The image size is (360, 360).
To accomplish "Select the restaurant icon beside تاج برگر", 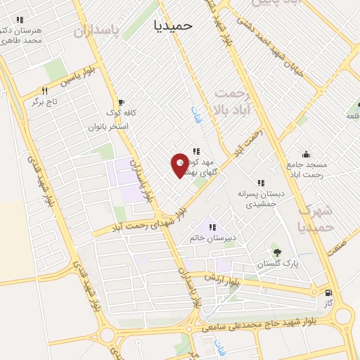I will tap(44, 91).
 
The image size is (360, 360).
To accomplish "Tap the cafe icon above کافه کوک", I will tap(122, 102).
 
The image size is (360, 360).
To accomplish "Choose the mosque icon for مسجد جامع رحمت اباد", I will tap(306, 154).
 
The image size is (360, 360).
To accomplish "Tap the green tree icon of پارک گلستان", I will tap(276, 252).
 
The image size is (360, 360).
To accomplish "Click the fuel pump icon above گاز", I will tap(328, 292).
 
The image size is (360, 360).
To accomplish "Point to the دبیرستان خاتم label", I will tap(212, 238).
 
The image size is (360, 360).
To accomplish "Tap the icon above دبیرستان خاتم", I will tap(211, 226).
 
